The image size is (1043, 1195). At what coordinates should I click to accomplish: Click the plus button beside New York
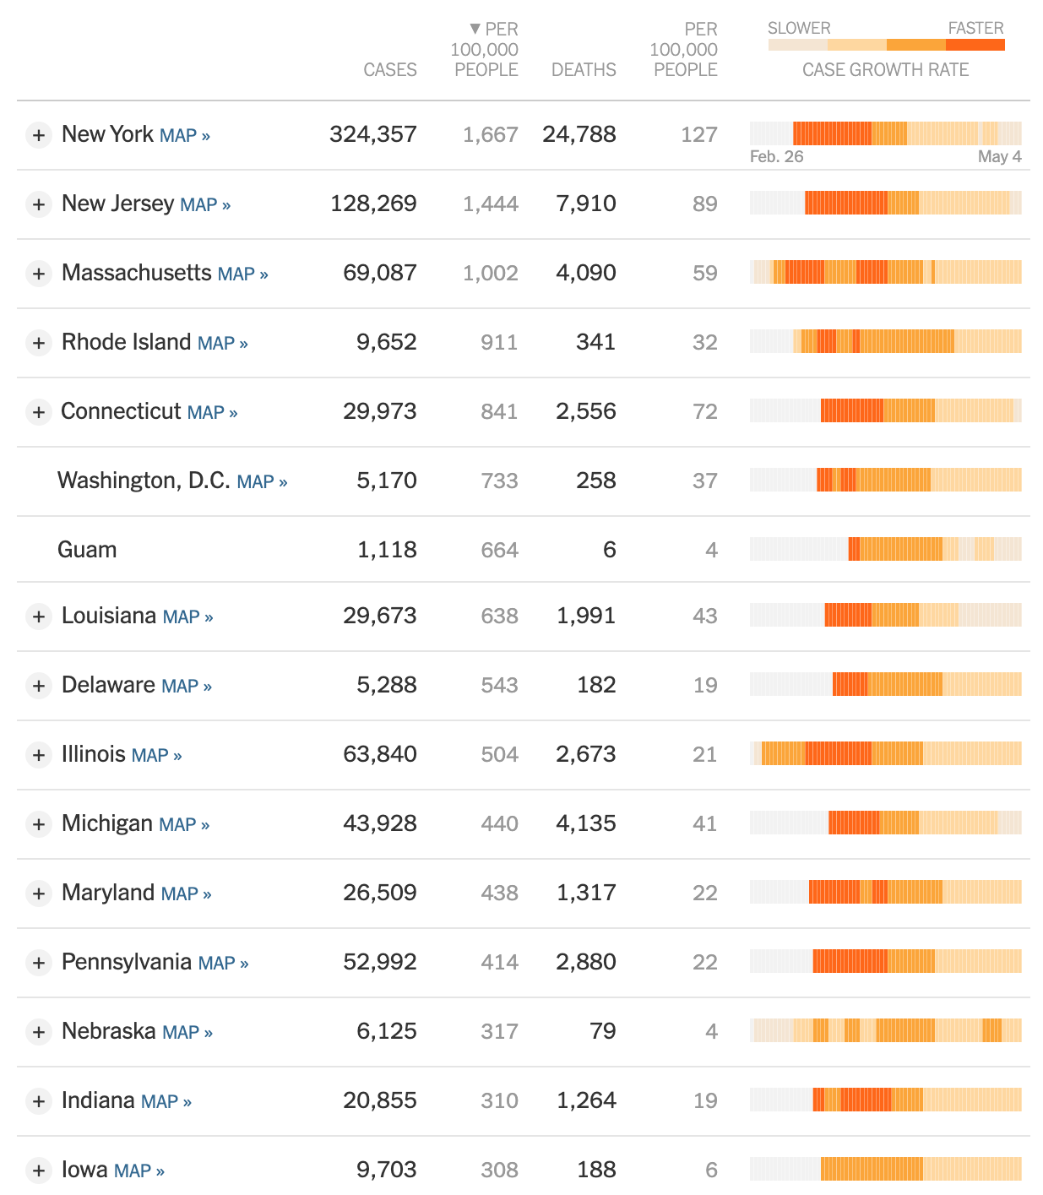39,135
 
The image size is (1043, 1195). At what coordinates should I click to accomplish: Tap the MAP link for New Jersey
205,204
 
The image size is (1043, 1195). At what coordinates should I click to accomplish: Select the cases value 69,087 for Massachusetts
379,273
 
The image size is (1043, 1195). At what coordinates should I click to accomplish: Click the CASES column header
389,70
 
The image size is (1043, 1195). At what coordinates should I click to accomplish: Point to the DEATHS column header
584,70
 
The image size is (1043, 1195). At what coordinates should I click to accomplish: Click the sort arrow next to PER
475,29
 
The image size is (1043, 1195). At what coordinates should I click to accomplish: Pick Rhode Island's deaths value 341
595,342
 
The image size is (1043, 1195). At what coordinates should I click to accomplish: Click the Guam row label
87,550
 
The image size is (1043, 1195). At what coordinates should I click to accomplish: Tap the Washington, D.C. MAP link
262,481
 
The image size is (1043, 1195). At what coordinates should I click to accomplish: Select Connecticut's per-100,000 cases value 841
498,411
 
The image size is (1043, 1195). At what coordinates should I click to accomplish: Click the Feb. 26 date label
776,156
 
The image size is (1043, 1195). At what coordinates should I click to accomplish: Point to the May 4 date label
999,156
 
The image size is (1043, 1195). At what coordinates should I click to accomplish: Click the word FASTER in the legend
975,28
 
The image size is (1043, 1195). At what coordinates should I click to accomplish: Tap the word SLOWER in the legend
799,28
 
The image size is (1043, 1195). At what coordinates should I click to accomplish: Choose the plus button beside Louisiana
39,617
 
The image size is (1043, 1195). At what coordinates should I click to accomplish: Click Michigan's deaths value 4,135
585,823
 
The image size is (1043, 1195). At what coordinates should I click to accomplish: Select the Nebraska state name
109,1031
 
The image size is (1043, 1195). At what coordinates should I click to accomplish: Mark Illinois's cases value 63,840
379,754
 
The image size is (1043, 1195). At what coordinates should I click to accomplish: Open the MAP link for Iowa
139,1171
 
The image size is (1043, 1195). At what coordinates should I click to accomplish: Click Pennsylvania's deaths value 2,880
585,962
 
